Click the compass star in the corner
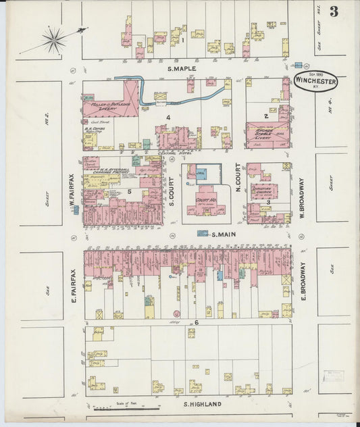(x=53, y=40)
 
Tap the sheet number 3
(x=334, y=11)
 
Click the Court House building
(x=205, y=200)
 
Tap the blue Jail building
(x=201, y=174)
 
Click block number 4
(x=168, y=117)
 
